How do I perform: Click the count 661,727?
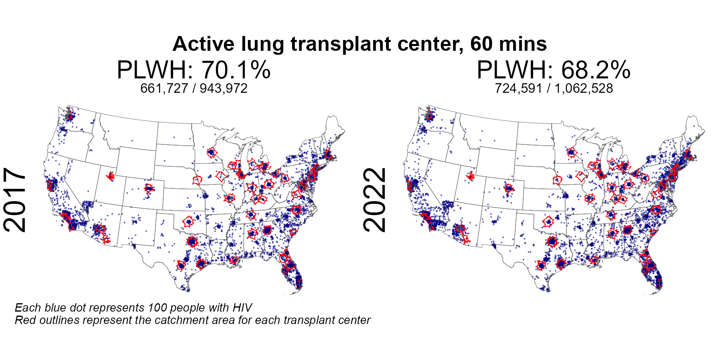164,88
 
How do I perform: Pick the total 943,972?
224,88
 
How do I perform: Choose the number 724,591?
518,88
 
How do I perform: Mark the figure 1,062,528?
584,88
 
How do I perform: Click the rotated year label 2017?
15,200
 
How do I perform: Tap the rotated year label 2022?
375,200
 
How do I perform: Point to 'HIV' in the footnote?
242,308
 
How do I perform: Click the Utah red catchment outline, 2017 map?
111,176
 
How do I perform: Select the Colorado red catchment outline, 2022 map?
509,188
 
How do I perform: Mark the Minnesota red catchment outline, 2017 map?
212,152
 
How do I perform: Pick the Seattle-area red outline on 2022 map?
430,116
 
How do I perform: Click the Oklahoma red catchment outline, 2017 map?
188,221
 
